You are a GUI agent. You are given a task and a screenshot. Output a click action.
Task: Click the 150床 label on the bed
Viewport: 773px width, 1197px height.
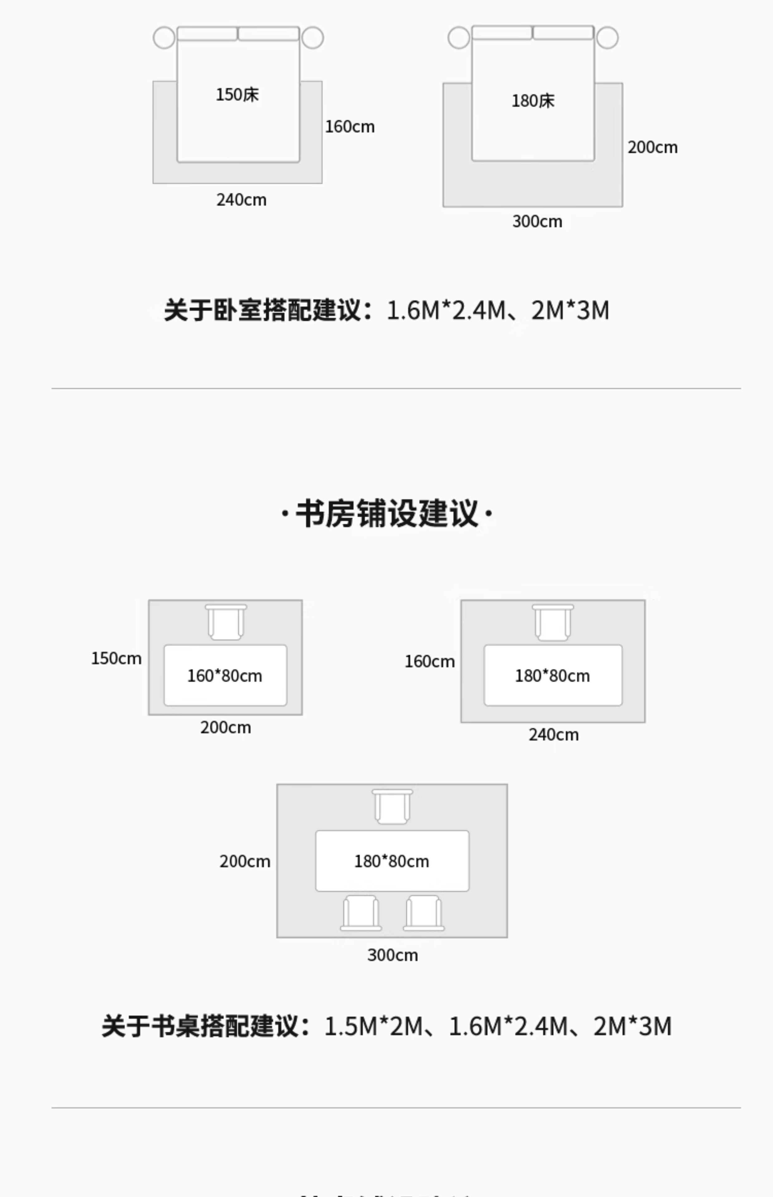coord(237,94)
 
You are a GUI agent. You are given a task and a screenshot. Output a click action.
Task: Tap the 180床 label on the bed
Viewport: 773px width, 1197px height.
coord(533,101)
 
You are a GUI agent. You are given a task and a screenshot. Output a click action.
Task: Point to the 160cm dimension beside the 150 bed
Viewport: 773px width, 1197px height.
coord(349,127)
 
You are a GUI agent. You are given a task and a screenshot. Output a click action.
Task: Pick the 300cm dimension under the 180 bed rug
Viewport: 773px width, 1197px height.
coord(537,221)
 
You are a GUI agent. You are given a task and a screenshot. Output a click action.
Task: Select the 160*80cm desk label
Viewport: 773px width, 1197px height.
coord(224,675)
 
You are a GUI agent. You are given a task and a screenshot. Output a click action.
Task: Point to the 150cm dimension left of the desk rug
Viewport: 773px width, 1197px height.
coord(116,658)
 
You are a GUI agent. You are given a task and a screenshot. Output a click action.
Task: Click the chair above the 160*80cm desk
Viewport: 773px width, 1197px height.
coord(226,622)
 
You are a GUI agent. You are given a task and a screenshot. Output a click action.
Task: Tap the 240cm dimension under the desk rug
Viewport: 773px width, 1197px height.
coord(553,735)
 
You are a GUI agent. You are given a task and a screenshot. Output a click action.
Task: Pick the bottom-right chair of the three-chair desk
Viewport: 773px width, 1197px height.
coord(424,913)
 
